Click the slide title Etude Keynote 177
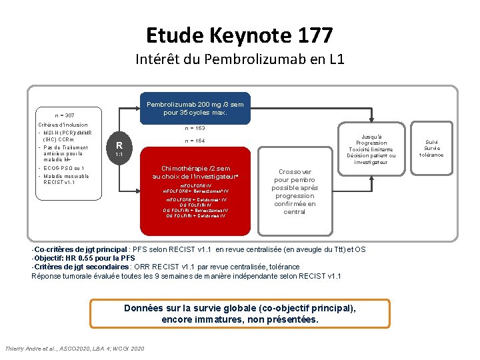(x=239, y=34)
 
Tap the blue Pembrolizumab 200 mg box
(x=195, y=108)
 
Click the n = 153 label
(x=194, y=128)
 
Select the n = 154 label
(x=194, y=141)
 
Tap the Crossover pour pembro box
(x=294, y=191)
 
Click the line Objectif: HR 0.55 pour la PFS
(x=84, y=258)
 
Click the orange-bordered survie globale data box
(x=240, y=314)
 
